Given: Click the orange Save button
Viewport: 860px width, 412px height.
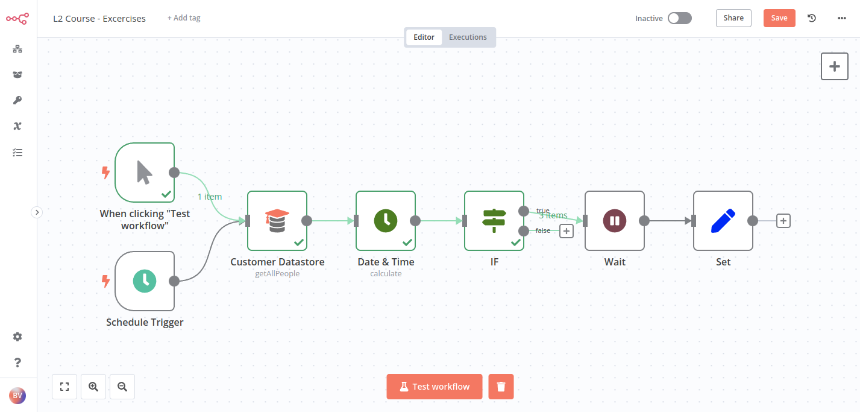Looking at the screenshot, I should point(779,18).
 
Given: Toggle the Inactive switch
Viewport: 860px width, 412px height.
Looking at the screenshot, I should point(679,18).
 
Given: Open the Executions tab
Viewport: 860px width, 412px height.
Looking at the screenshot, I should point(468,37).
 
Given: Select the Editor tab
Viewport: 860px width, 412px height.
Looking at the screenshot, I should point(424,37).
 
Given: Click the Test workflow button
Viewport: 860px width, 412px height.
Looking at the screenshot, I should point(435,387).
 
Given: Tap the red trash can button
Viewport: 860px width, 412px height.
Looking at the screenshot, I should point(501,387).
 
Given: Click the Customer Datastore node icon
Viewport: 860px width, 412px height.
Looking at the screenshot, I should point(277,221).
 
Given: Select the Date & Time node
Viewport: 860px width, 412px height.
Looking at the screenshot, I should point(386,221).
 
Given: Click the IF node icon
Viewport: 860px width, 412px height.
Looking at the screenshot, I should point(494,221).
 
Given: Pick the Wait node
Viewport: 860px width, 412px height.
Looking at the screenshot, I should point(615,221).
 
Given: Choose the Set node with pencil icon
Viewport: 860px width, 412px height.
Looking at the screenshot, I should point(723,221).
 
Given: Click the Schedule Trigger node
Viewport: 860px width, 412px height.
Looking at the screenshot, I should point(145,281).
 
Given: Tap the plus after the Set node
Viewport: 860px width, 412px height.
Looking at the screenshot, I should point(783,221).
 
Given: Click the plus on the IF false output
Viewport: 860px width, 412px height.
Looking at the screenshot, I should point(566,230).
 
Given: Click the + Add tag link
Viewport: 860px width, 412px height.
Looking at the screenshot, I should point(184,18).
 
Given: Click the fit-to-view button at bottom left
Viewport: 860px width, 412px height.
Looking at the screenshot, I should point(64,387).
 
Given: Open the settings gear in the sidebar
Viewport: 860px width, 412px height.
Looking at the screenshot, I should point(17,337).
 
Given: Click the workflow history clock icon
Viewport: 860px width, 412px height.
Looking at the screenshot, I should point(812,18).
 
